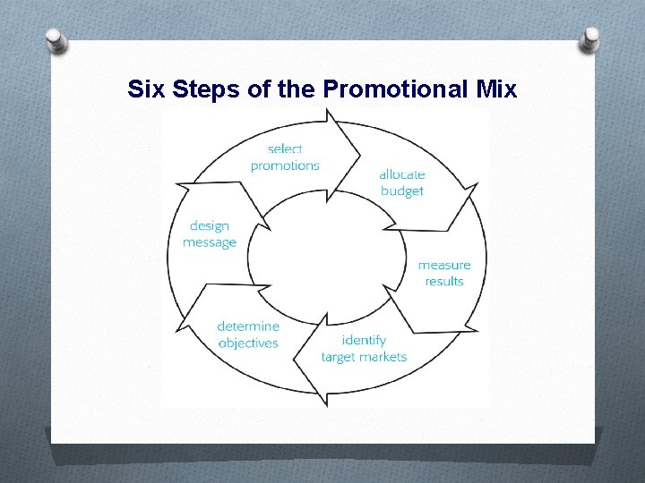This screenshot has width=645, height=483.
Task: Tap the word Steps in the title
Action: click(201, 89)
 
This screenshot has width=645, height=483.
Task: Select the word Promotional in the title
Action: click(391, 89)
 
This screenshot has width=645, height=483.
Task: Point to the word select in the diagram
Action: click(285, 149)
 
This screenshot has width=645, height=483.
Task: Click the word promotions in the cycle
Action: click(285, 165)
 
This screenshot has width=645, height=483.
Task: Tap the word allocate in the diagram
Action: click(401, 175)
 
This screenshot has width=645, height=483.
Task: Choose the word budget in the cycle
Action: click(401, 191)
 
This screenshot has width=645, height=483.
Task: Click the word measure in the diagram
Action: click(444, 265)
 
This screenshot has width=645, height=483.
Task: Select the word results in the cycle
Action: click(444, 281)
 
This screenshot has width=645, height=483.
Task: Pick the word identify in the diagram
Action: click(364, 341)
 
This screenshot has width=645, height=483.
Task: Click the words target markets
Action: click(364, 357)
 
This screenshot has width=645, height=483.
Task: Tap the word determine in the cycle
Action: click(248, 326)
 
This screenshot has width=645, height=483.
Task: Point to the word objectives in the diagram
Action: click(248, 343)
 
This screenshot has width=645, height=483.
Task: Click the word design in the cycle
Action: click(210, 226)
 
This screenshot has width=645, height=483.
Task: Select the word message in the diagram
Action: click(210, 242)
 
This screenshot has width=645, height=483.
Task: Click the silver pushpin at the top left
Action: click(56, 41)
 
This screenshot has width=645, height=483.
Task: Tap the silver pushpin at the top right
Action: click(591, 39)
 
